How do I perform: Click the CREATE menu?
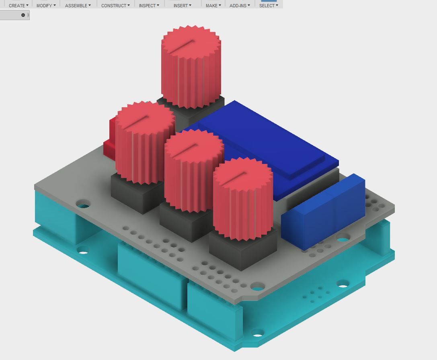18,6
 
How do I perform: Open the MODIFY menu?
46,6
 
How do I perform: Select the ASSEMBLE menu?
78,6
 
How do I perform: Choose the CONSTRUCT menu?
115,6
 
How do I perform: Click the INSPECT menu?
149,6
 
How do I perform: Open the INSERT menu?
182,6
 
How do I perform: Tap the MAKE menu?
213,6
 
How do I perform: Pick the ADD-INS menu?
240,6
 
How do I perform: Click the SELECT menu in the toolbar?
269,6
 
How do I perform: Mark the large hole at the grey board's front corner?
257,286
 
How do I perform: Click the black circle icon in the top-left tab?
23,15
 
